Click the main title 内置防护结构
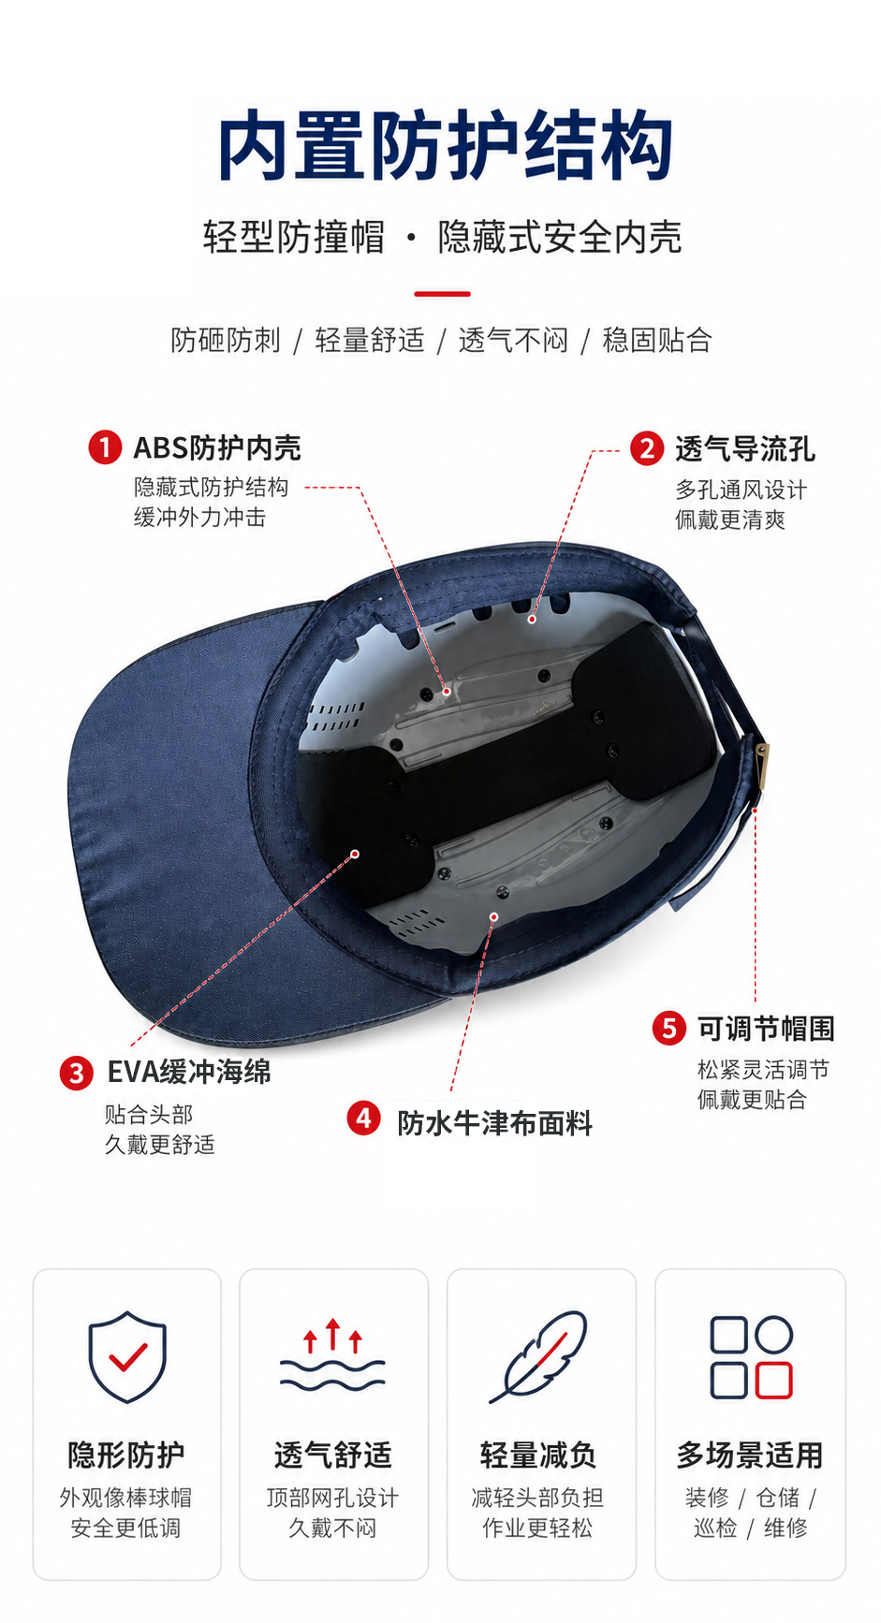[445, 147]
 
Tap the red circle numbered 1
[105, 447]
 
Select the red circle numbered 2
[646, 449]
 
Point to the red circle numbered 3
[76, 1073]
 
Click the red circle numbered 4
[363, 1118]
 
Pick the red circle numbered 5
[668, 1028]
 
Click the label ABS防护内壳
[217, 448]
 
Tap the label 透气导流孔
[745, 449]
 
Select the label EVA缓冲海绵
[189, 1072]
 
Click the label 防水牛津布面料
[495, 1123]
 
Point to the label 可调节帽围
[766, 1029]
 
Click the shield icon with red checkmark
[127, 1356]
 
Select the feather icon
[539, 1356]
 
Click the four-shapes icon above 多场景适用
[751, 1357]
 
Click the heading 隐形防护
[126, 1455]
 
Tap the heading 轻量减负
[538, 1455]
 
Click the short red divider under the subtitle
[442, 294]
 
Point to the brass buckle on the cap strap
[762, 767]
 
